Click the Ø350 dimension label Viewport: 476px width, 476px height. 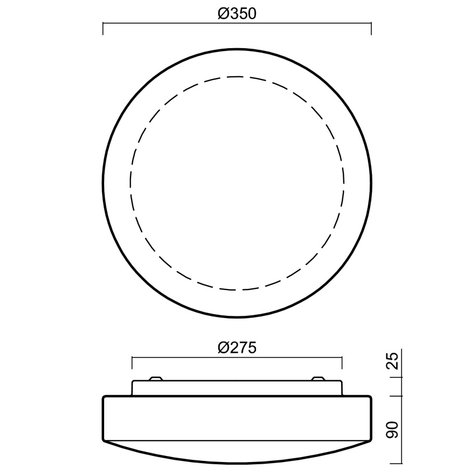pyautogui.click(x=237, y=13)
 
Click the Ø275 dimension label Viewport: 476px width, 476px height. pyautogui.click(x=237, y=348)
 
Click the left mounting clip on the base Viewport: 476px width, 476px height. pyautogui.click(x=156, y=378)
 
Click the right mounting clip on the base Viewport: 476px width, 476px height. pyautogui.click(x=318, y=378)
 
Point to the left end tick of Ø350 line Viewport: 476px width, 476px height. pyautogui.click(x=103, y=29)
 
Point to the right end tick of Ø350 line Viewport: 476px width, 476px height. pyautogui.click(x=371, y=29)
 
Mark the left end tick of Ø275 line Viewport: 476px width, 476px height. pyautogui.click(x=132, y=363)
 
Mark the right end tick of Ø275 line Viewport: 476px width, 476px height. pyautogui.click(x=342, y=363)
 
